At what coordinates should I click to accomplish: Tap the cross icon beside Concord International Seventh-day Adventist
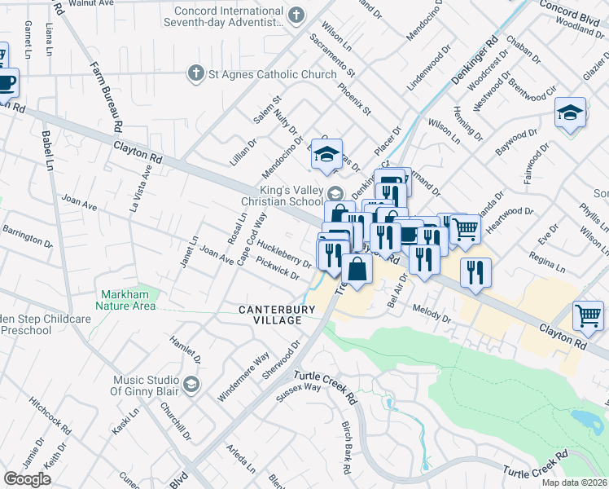click(x=296, y=14)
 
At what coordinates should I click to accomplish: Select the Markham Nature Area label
click(x=128, y=300)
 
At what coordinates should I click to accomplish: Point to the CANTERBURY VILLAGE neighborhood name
click(x=270, y=315)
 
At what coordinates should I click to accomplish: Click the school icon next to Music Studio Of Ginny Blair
click(x=191, y=384)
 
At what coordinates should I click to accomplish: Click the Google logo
click(x=27, y=479)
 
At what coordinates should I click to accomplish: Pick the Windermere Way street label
click(x=243, y=377)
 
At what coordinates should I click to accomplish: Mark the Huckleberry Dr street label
click(x=285, y=253)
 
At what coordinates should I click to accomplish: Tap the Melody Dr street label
click(x=432, y=315)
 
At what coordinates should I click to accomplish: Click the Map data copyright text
click(x=574, y=482)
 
